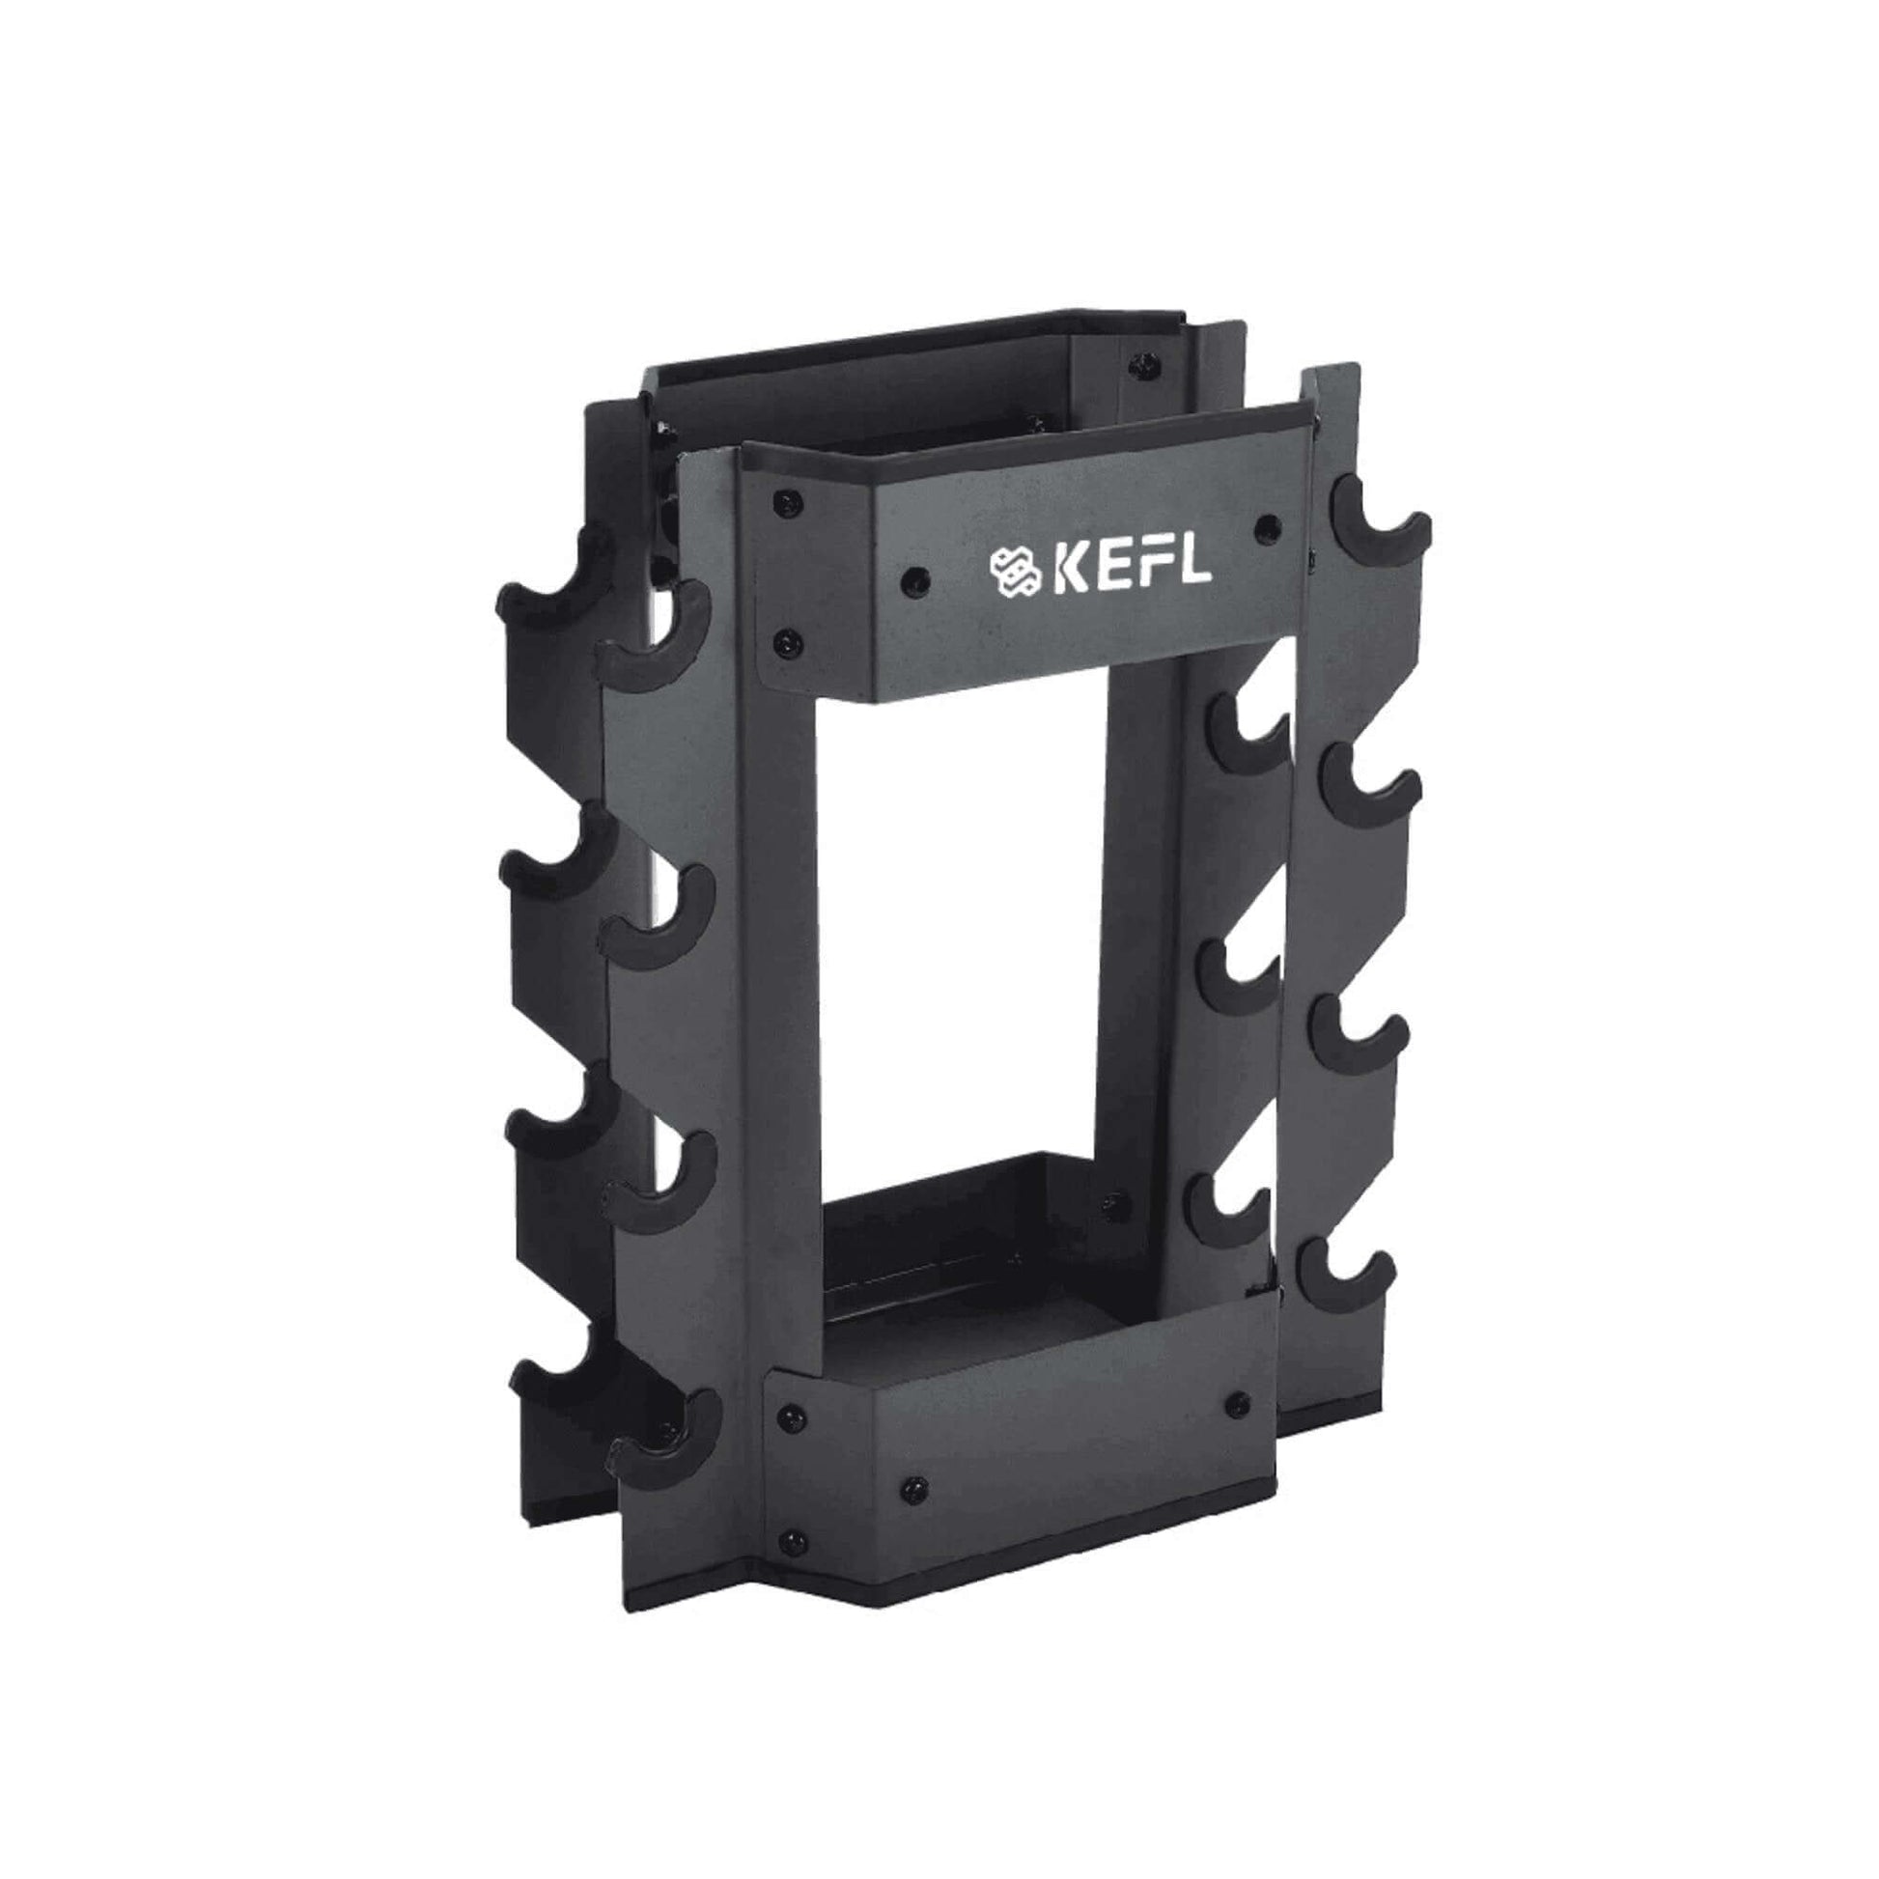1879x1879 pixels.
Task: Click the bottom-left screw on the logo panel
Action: [788, 642]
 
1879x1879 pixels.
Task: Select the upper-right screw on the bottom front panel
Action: [1236, 1401]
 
